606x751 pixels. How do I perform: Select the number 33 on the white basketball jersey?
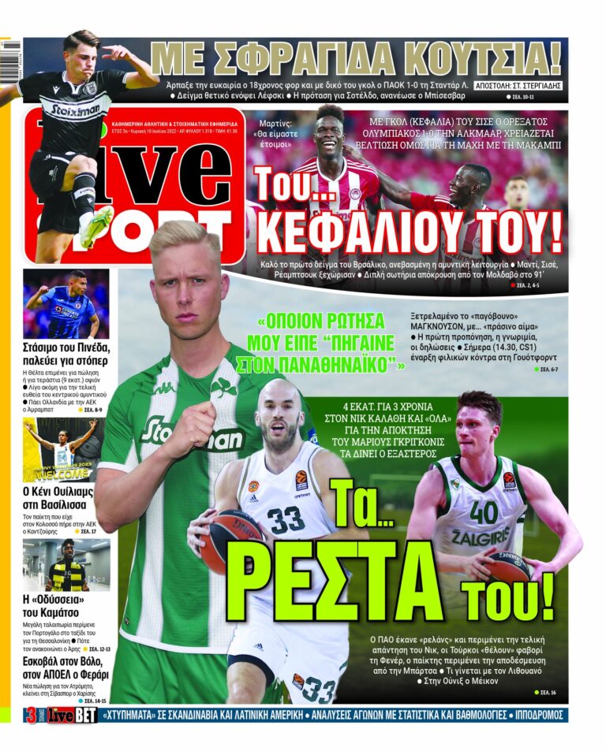[285, 519]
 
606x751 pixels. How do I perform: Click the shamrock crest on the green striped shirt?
[223, 389]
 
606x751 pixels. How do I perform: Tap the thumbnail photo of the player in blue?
[65, 304]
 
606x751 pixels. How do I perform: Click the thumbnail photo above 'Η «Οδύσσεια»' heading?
[65, 564]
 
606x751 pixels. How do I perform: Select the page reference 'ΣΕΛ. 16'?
[548, 692]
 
